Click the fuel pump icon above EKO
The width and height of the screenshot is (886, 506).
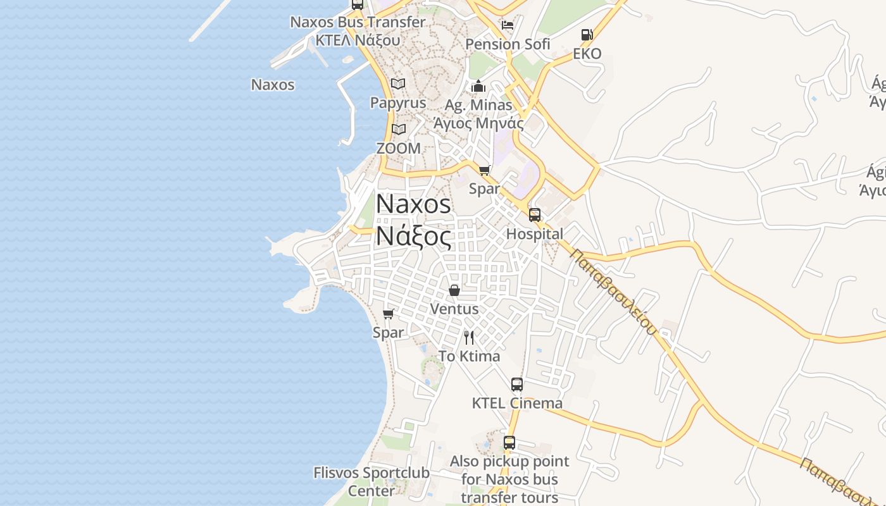(587, 35)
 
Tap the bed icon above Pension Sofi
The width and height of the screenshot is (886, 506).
(507, 25)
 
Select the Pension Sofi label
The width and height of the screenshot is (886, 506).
(508, 44)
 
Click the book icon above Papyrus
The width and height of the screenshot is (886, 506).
(397, 83)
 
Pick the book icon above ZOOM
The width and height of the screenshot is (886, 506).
(398, 130)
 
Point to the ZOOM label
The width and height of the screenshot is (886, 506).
(398, 148)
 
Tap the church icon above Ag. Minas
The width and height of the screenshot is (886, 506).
(478, 86)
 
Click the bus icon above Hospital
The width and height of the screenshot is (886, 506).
(535, 215)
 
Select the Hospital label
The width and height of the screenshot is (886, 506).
(535, 234)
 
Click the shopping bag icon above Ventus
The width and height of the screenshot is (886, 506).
(454, 290)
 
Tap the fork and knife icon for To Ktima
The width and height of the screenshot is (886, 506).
(469, 337)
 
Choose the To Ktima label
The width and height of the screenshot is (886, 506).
(469, 356)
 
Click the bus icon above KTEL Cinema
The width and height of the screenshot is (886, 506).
(517, 384)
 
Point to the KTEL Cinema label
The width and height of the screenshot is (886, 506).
(517, 403)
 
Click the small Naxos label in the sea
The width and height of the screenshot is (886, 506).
(273, 85)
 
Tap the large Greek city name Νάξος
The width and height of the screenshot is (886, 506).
(414, 237)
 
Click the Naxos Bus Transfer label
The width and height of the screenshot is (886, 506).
(358, 22)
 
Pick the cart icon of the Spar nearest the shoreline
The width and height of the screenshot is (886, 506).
(389, 314)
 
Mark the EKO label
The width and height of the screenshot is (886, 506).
(587, 54)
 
